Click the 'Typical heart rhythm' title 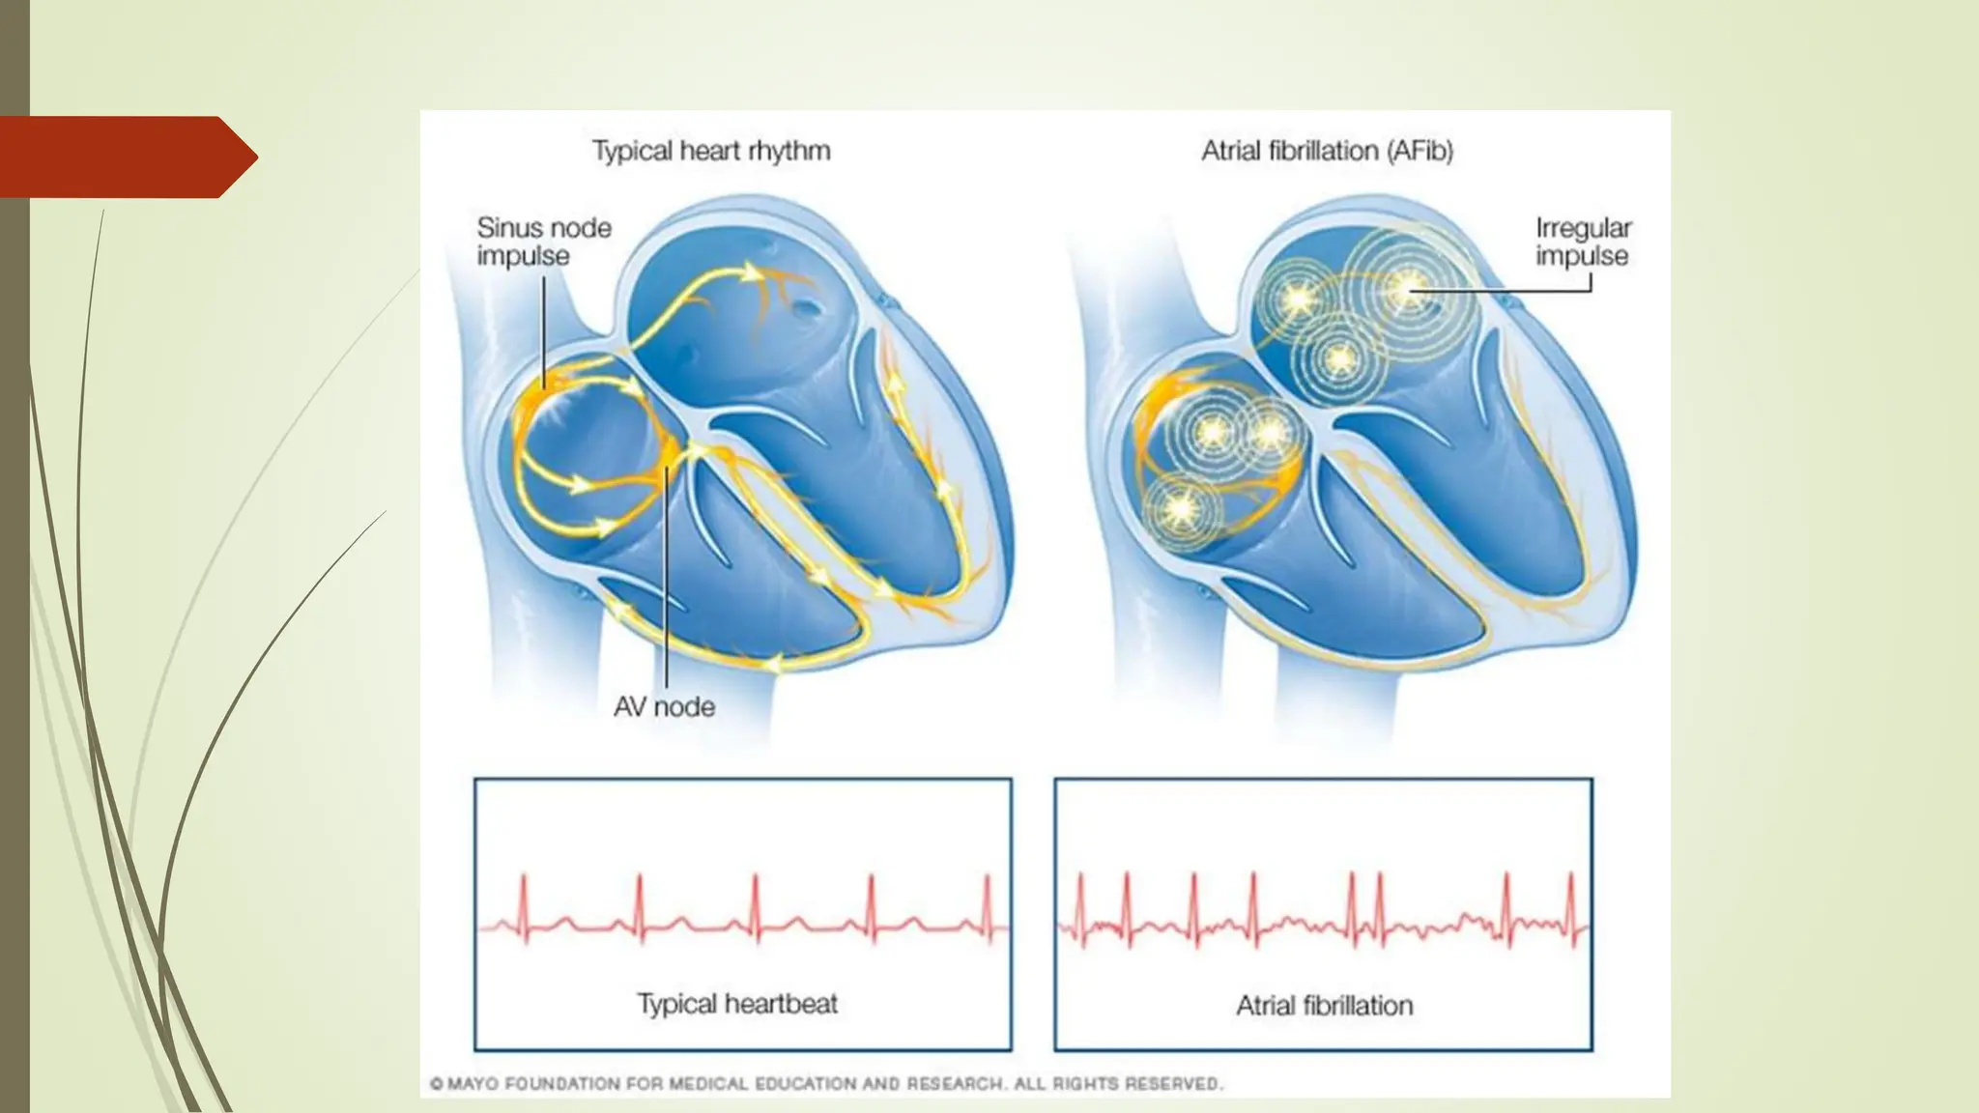711,151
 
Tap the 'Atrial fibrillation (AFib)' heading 1327,151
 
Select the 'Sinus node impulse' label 543,242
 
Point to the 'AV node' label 665,706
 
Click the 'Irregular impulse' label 1583,242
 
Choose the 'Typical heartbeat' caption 737,1004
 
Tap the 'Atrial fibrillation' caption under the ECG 1324,1006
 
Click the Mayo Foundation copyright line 826,1084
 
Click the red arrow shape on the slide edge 126,157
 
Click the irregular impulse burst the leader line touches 1407,286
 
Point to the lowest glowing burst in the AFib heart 1179,509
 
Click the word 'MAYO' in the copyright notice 473,1084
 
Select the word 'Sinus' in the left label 508,228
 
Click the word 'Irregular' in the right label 1583,228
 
